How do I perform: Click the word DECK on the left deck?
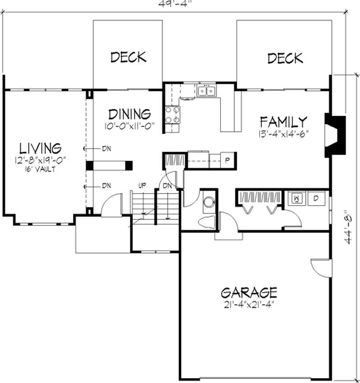coord(128,57)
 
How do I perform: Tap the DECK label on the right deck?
coord(285,58)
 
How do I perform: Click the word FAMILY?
coord(283,122)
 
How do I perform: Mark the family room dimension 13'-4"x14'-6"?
coord(283,133)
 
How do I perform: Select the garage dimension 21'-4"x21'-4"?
coord(249,305)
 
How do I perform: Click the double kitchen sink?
coord(207,91)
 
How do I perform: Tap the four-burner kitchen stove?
coord(171,114)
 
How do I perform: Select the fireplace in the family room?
coord(334,135)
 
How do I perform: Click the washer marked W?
coord(297,198)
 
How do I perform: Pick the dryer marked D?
coord(316,198)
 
